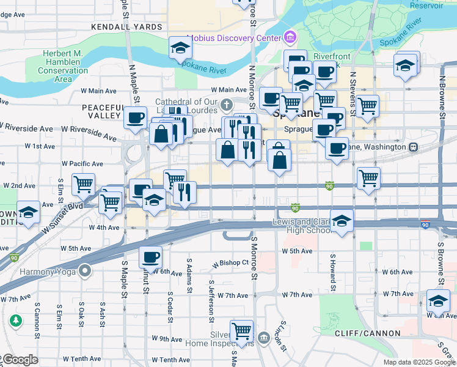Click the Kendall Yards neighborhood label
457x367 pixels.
click(x=126, y=28)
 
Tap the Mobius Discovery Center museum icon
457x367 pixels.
click(x=289, y=39)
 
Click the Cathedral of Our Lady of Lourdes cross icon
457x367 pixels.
click(x=226, y=103)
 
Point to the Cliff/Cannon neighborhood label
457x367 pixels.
click(x=367, y=333)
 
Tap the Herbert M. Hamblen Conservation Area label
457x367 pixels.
click(x=63, y=66)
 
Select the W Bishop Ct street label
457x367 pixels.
click(x=230, y=264)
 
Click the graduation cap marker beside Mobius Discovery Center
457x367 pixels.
click(x=180, y=48)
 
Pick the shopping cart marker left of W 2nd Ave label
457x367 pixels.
click(x=83, y=183)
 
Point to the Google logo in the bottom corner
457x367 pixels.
click(x=20, y=360)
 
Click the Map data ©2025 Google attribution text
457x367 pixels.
click(x=419, y=362)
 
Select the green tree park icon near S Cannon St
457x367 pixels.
click(x=15, y=320)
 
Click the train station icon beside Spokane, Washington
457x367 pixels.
click(x=414, y=147)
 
